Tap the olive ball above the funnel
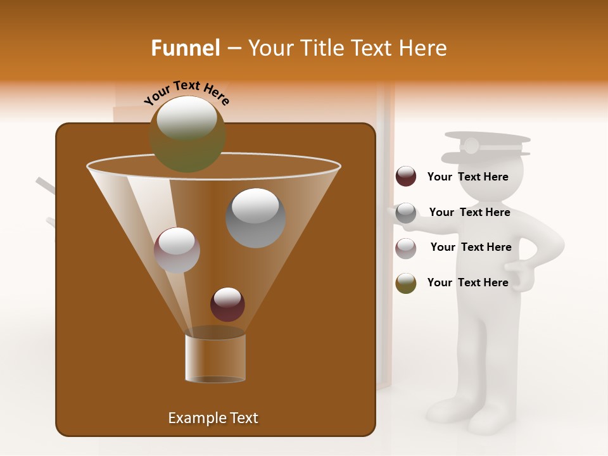(x=187, y=134)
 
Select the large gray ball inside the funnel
(x=255, y=218)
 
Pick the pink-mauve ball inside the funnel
(x=177, y=250)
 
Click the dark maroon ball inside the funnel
(x=227, y=304)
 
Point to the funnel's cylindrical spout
(x=215, y=358)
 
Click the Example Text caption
(x=213, y=418)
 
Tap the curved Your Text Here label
(x=186, y=92)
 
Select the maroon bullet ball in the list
(x=406, y=177)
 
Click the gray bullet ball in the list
(x=406, y=213)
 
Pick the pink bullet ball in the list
(x=406, y=248)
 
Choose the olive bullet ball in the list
(x=406, y=283)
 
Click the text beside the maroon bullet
(x=467, y=177)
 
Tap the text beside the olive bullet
(x=467, y=282)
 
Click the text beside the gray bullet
(x=469, y=212)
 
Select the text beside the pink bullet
(x=471, y=247)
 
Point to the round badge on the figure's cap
(x=471, y=146)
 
